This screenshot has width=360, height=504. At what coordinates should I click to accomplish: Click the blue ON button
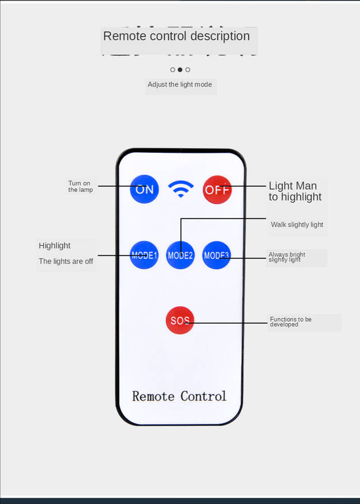coord(144,189)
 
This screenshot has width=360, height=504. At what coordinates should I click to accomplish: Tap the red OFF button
coord(217,189)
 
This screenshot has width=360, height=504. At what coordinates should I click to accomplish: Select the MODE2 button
coord(180,255)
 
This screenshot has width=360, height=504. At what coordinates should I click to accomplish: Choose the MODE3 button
coord(216,255)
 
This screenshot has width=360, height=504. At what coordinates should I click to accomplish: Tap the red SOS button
coord(180,321)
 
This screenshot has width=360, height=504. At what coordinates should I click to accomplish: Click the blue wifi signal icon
coord(180,189)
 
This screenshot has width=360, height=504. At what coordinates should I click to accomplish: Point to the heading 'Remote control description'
coord(176,36)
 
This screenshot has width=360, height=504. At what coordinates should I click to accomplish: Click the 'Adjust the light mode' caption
coord(180,85)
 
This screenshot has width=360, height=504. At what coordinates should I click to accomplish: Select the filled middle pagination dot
coord(180,70)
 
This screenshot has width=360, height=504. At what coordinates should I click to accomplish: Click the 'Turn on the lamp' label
coord(80,186)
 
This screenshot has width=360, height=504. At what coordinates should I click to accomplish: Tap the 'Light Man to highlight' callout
coord(295,191)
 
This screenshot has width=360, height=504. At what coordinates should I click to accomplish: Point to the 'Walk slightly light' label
coord(297,225)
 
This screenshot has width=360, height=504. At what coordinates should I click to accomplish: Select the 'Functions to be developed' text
coord(291,322)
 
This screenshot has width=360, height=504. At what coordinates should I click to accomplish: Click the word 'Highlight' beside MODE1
coord(55,246)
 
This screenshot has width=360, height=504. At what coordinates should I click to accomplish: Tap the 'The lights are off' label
coord(66,262)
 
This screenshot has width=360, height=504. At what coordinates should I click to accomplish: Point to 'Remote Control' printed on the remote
coord(179,396)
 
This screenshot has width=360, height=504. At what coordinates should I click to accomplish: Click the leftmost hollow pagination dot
coord(172,70)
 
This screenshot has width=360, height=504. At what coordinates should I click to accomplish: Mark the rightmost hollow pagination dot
coord(188,70)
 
